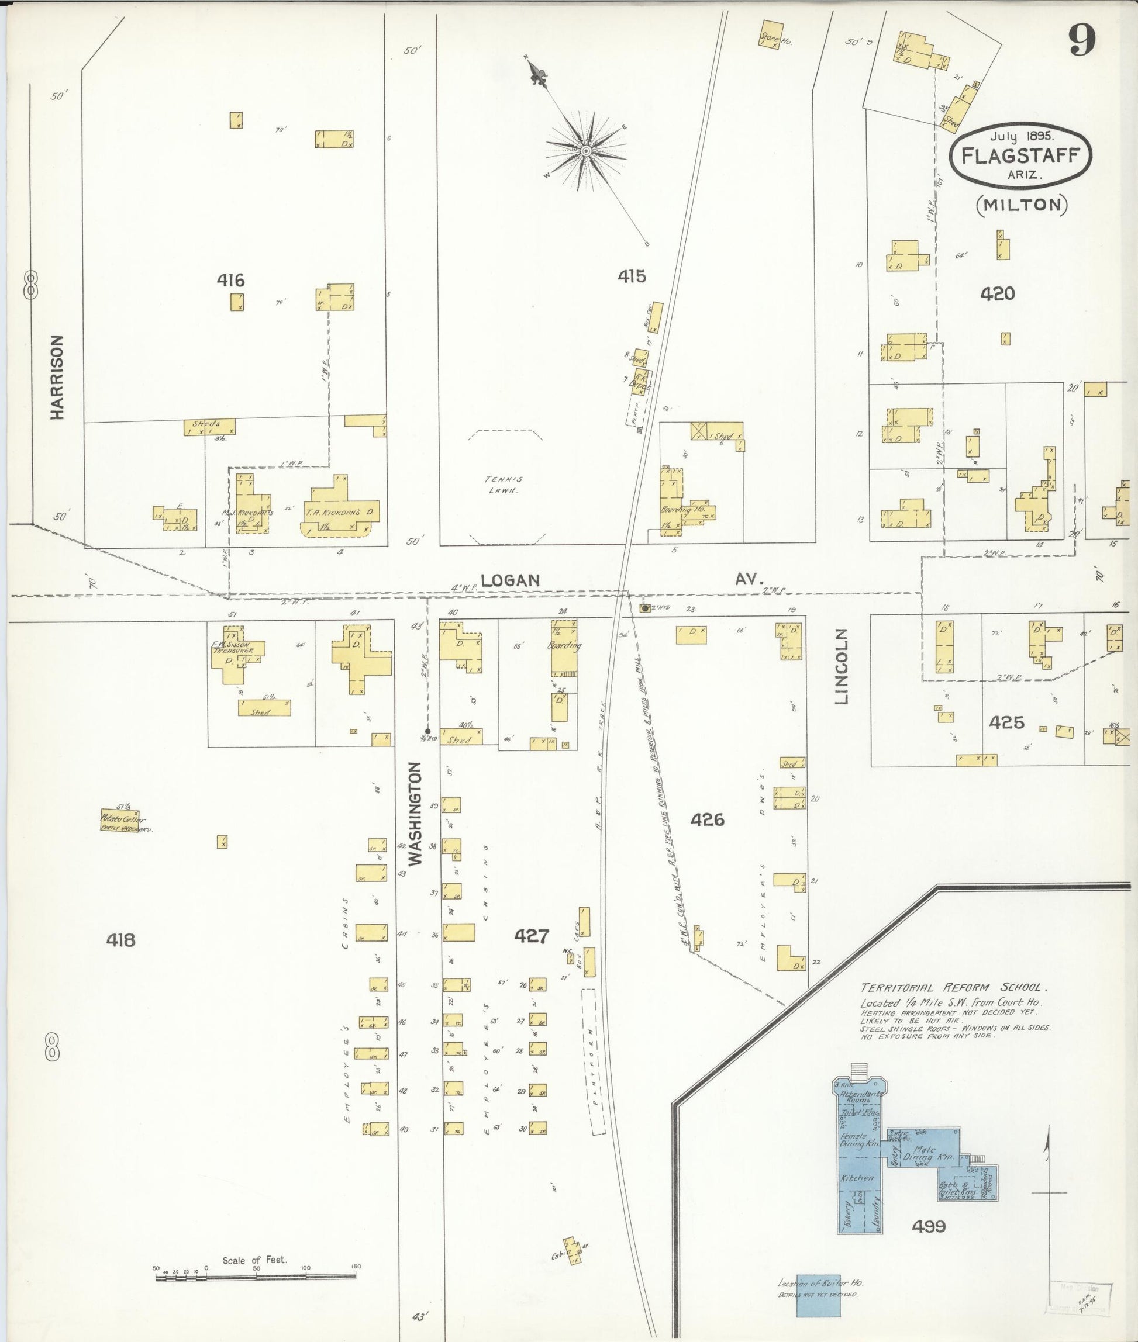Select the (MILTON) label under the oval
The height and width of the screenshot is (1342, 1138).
pyautogui.click(x=1022, y=205)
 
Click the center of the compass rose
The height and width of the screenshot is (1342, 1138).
pyautogui.click(x=586, y=151)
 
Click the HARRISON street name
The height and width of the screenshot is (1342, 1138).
pyautogui.click(x=58, y=377)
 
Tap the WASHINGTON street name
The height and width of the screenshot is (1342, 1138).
pyautogui.click(x=415, y=814)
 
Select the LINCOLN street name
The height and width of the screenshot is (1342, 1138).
pyautogui.click(x=843, y=667)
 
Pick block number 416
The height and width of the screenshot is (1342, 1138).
pyautogui.click(x=230, y=280)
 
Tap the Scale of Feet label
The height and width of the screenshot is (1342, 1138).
pyautogui.click(x=254, y=1260)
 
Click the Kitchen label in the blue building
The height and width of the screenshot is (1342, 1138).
pyautogui.click(x=857, y=1178)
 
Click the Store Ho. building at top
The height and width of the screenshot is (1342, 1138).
pyautogui.click(x=771, y=33)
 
